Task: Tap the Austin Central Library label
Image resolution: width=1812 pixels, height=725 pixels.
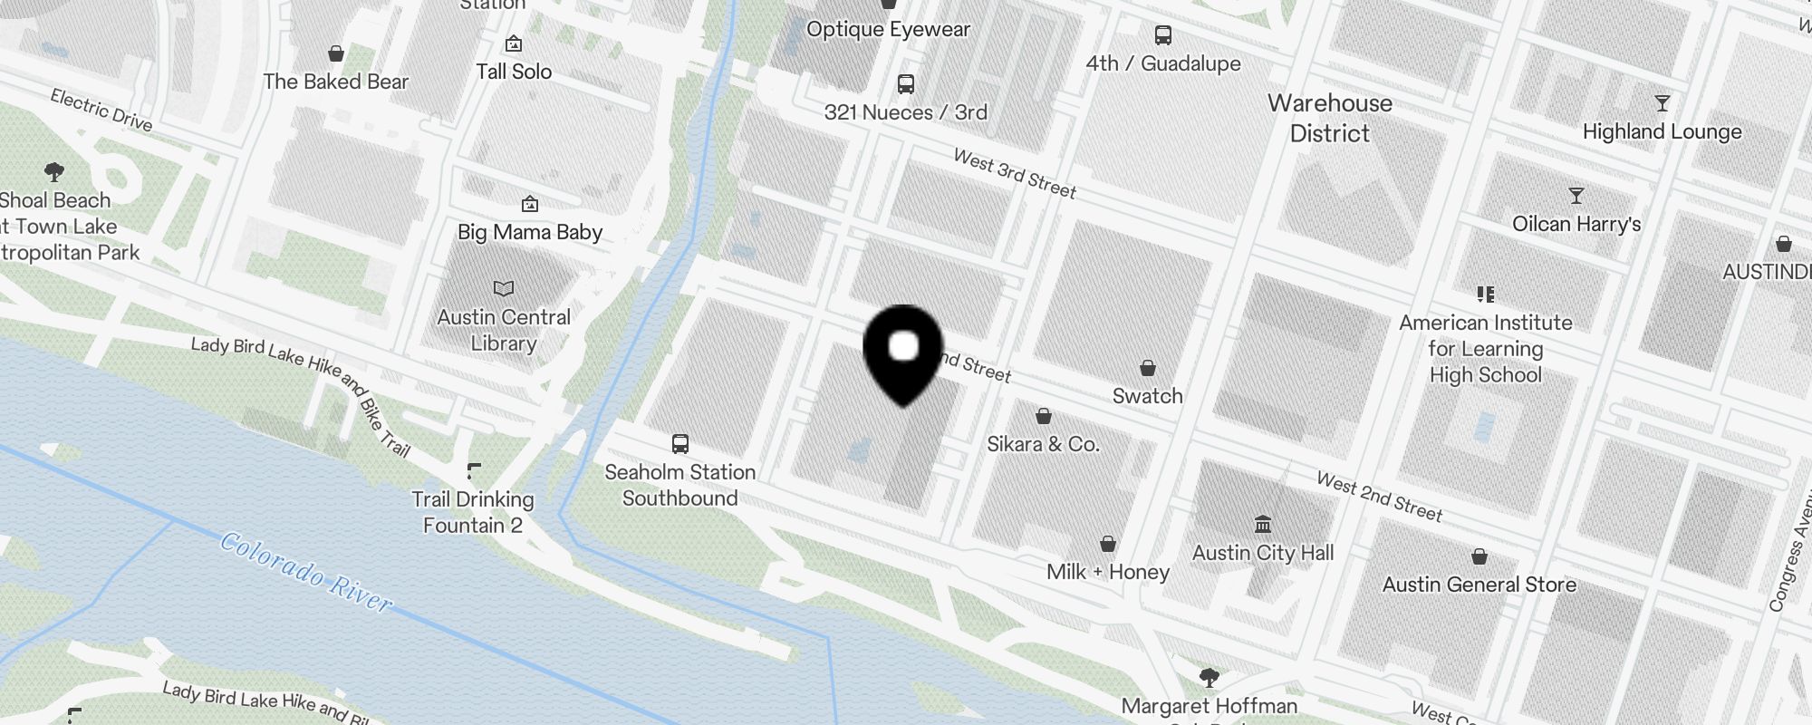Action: click(504, 330)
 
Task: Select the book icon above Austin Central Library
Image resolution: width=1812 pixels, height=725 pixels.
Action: click(504, 288)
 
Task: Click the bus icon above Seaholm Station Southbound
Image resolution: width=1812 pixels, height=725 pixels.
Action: click(680, 444)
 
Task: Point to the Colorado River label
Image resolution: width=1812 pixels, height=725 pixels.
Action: click(306, 573)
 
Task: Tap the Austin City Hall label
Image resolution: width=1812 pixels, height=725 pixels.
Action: click(1263, 553)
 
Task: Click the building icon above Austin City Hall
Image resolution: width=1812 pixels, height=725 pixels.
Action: click(1263, 524)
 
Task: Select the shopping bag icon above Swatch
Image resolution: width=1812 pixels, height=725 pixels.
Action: click(1148, 368)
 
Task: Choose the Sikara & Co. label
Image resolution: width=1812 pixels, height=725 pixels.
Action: click(1043, 444)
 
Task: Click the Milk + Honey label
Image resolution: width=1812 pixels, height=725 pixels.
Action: click(1108, 572)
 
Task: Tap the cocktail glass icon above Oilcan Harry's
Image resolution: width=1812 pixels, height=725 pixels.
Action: click(1576, 196)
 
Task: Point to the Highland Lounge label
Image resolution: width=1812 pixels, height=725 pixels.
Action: click(1662, 131)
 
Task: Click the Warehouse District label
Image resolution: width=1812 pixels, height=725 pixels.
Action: click(1330, 118)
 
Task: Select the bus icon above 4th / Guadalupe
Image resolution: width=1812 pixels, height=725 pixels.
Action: click(1163, 35)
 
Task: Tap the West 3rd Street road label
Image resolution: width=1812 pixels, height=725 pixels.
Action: click(1015, 173)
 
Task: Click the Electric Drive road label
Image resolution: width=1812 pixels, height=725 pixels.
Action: click(101, 109)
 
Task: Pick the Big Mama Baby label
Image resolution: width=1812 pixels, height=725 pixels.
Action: click(530, 232)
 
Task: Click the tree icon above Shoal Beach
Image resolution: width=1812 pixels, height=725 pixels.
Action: click(54, 171)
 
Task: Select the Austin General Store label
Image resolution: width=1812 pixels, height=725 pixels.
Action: click(1479, 585)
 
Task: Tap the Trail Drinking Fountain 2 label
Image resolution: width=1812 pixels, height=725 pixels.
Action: click(473, 512)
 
